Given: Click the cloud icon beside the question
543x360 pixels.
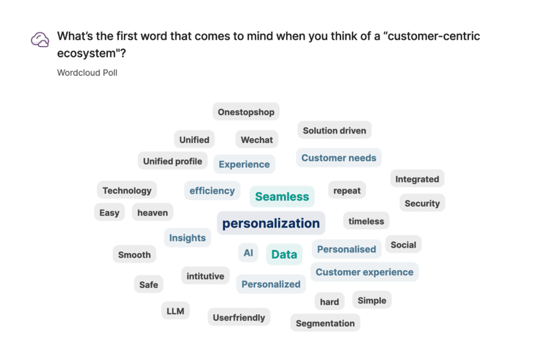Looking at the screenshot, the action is pyautogui.click(x=40, y=39).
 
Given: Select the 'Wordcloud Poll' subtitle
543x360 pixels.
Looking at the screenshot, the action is pyautogui.click(x=87, y=73).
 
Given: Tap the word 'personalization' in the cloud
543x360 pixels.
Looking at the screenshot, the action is pyautogui.click(x=271, y=223).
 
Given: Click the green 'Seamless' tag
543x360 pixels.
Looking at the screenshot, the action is pyautogui.click(x=282, y=197).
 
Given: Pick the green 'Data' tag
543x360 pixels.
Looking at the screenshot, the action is pyautogui.click(x=284, y=254).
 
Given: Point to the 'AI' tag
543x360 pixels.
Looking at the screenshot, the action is pyautogui.click(x=248, y=253).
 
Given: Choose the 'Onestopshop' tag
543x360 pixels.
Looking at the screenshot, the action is pyautogui.click(x=246, y=112).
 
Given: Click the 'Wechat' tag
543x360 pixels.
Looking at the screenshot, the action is pyautogui.click(x=257, y=139).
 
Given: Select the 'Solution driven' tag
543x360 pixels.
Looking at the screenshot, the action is pyautogui.click(x=335, y=130).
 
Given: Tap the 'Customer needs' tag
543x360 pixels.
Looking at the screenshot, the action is pyautogui.click(x=339, y=158).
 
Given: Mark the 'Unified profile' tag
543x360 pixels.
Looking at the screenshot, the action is pyautogui.click(x=172, y=161).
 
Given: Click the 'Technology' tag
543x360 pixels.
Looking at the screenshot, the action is pyautogui.click(x=127, y=190).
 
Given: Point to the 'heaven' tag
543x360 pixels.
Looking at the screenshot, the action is pyautogui.click(x=152, y=212).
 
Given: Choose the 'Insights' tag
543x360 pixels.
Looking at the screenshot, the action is pyautogui.click(x=187, y=238).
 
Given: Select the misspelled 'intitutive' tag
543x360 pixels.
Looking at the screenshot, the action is pyautogui.click(x=205, y=276).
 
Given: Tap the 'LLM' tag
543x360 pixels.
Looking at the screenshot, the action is pyautogui.click(x=175, y=311).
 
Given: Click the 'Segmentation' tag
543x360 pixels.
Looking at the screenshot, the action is pyautogui.click(x=325, y=323).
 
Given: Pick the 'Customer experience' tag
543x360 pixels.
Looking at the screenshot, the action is pyautogui.click(x=364, y=272).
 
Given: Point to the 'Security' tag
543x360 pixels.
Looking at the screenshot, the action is pyautogui.click(x=422, y=203).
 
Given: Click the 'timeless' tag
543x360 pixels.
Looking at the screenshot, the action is pyautogui.click(x=366, y=221).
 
